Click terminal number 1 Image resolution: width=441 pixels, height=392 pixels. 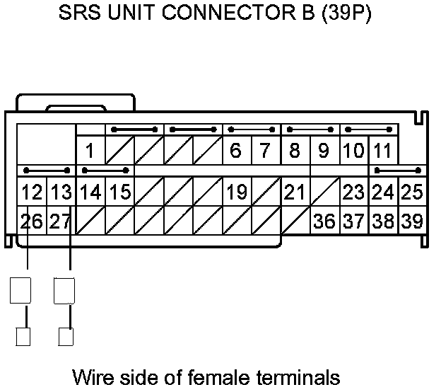90,151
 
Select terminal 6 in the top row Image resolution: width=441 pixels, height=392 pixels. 236,151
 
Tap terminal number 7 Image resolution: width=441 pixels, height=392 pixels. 265,151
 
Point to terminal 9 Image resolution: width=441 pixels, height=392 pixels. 324,151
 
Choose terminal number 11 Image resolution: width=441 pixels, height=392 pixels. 382,151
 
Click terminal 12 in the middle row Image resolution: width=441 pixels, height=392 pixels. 32,192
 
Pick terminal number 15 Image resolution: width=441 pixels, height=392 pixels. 120,192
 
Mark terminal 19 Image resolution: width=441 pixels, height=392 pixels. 237,192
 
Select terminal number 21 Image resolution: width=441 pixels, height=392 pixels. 295,192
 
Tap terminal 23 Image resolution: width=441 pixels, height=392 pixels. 353,192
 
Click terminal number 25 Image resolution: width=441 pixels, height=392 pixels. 411,192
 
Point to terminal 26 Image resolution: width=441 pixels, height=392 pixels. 32,221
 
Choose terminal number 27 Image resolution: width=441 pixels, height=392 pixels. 61,221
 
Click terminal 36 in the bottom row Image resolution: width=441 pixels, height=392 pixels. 324,221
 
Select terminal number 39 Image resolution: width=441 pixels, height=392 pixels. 411,221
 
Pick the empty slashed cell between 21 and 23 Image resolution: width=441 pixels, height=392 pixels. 324,192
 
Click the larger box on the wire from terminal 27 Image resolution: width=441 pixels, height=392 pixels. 64,290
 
